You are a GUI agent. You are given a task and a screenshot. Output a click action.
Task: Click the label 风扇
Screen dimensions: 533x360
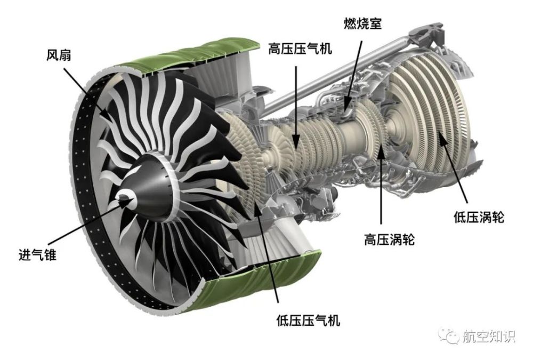59,54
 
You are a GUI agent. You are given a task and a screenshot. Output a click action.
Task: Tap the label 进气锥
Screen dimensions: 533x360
37,254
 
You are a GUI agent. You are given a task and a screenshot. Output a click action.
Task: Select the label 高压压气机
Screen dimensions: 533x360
300,49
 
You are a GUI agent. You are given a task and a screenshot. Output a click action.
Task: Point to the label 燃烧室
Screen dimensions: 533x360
362,23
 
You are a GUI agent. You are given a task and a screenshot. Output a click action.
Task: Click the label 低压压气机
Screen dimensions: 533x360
308,320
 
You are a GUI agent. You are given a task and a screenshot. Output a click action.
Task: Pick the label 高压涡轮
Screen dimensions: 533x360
389,239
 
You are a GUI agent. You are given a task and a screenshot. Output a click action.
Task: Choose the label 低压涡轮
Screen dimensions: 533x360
479,217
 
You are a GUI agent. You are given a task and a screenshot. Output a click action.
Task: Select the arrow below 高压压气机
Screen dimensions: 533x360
296,108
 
